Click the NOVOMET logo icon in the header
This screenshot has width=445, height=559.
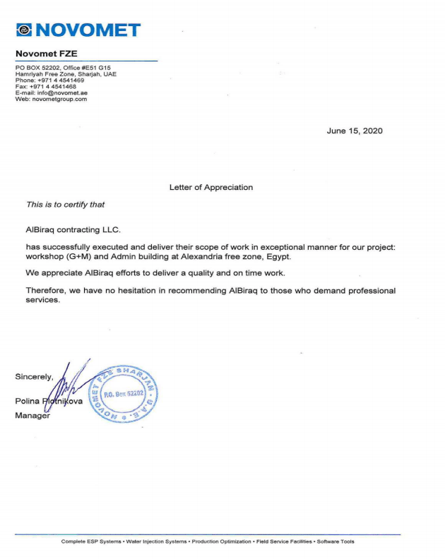coord(25,30)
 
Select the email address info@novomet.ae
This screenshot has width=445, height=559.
coord(62,93)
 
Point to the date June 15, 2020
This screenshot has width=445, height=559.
coord(355,131)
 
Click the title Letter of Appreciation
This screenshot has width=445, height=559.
coord(210,187)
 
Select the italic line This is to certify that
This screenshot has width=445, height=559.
coord(65,205)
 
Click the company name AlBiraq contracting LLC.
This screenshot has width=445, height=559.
coord(73,229)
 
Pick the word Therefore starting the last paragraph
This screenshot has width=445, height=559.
coord(47,291)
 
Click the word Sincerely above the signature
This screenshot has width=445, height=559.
coord(34,377)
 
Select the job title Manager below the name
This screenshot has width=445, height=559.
coord(32,416)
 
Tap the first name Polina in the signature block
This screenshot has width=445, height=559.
coord(27,401)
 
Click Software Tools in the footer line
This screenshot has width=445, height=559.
coord(336,542)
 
